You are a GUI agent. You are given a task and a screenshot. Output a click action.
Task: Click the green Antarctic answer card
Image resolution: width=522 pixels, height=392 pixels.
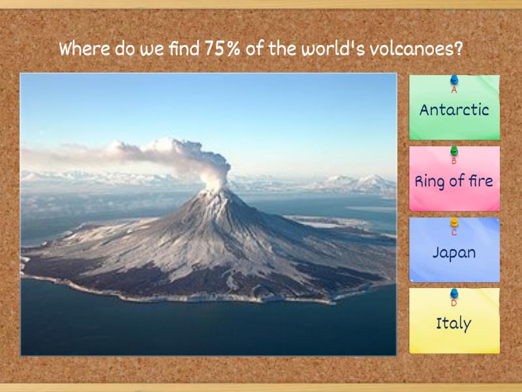pyautogui.click(x=454, y=114)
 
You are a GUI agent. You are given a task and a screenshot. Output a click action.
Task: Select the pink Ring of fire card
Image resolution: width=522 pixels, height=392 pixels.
pyautogui.click(x=454, y=186)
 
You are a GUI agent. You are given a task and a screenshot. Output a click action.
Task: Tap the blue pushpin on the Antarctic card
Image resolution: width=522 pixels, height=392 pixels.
pyautogui.click(x=454, y=80)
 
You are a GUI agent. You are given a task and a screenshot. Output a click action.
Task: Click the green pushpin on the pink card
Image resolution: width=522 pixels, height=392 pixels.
pyautogui.click(x=454, y=152)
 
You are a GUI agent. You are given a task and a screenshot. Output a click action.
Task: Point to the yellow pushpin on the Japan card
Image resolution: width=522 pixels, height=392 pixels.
pyautogui.click(x=454, y=223)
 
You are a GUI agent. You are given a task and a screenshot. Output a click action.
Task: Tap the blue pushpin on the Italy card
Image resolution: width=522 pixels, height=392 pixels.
pyautogui.click(x=454, y=293)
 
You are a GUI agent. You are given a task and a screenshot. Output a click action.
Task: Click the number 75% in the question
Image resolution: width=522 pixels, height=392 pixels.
pyautogui.click(x=222, y=49)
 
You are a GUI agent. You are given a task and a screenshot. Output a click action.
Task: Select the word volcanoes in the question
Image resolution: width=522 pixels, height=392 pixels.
pyautogui.click(x=414, y=49)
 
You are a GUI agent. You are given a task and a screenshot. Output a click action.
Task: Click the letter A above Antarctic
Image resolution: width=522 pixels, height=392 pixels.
pyautogui.click(x=454, y=91)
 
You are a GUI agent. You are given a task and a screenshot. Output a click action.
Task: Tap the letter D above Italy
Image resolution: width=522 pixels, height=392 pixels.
pyautogui.click(x=454, y=303)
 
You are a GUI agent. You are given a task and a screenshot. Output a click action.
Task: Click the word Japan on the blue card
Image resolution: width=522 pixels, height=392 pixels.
pyautogui.click(x=454, y=252)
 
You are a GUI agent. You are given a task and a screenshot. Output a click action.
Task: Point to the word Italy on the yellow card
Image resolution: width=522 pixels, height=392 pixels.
pyautogui.click(x=454, y=323)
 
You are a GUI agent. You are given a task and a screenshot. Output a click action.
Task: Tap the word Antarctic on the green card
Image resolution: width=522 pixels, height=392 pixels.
pyautogui.click(x=454, y=110)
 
